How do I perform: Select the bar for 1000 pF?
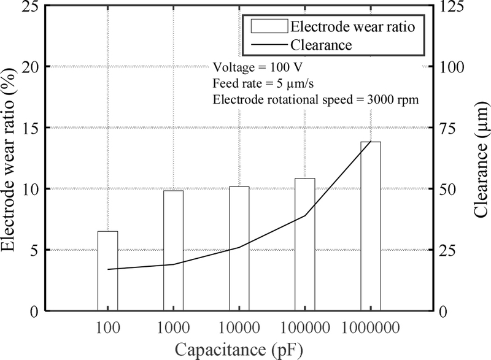173,251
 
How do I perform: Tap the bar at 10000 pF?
239,249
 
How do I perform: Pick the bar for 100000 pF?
305,245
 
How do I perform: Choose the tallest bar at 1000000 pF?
371,226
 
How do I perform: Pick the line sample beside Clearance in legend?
268,44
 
